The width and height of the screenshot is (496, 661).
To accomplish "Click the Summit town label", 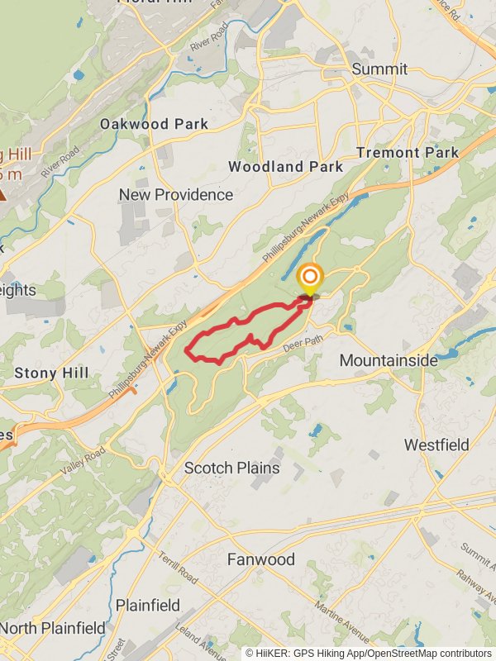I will (x=379, y=69).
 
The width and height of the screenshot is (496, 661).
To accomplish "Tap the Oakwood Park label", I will (x=154, y=124).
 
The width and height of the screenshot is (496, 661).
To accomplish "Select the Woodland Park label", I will (x=285, y=166).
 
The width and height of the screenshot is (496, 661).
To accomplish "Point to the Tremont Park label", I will (x=408, y=153).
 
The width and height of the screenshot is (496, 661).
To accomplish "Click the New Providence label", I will (x=176, y=195).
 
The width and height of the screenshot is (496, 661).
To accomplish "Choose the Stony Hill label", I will (x=51, y=373).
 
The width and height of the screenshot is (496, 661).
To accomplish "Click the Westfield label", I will (x=436, y=445).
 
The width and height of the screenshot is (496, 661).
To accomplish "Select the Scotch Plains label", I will (x=231, y=468).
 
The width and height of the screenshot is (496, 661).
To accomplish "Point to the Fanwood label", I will (x=261, y=560).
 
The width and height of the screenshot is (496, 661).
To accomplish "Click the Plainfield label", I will (x=148, y=606).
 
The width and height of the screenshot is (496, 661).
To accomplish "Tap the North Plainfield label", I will (x=53, y=629).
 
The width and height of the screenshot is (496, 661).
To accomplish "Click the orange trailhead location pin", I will (x=310, y=278).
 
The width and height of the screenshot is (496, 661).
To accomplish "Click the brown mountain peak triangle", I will (x=3, y=195).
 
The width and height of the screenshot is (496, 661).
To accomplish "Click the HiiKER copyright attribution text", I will (x=368, y=654).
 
